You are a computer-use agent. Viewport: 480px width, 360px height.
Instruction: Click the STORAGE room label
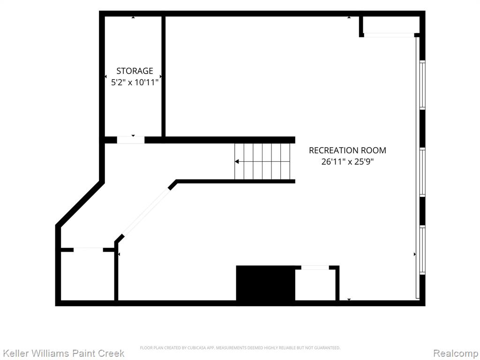pos(135,71)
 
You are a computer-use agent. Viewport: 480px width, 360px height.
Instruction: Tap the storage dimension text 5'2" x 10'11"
pos(135,82)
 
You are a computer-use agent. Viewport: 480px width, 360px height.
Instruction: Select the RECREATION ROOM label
pos(347,150)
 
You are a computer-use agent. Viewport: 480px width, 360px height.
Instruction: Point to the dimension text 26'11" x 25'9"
pos(347,161)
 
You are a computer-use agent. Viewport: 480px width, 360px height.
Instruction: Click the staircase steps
pos(262,161)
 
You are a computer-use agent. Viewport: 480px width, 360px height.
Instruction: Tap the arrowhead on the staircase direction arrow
pos(237,161)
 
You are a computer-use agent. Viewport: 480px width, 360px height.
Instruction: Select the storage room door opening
pos(131,140)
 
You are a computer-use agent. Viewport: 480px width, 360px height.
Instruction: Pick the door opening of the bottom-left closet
pos(88,250)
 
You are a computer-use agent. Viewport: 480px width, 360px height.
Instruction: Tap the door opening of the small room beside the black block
pos(315,268)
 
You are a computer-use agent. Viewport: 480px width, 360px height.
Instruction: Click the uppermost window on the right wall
pos(422,85)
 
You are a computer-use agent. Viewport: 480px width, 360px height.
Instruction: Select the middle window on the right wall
pos(422,172)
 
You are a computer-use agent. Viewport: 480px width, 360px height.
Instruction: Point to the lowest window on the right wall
pos(422,250)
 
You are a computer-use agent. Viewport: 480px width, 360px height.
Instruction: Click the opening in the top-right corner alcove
pos(389,35)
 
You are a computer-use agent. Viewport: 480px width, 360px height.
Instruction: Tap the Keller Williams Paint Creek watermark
pos(63,353)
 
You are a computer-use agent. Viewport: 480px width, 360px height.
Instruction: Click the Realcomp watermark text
pos(456,353)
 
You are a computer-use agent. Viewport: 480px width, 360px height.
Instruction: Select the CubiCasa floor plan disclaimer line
pos(240,348)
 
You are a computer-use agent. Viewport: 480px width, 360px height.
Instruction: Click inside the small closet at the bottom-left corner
pos(88,276)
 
